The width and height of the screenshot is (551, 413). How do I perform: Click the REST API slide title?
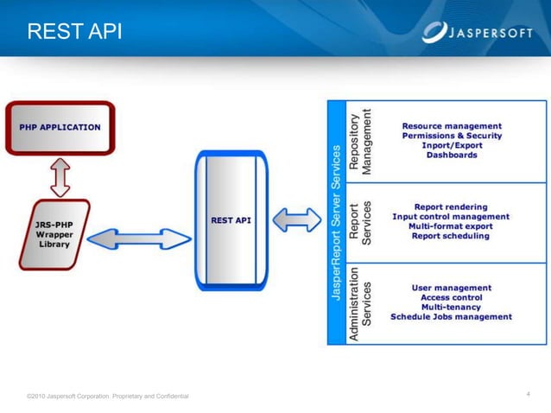click(x=74, y=32)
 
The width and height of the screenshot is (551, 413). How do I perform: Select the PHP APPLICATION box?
click(x=60, y=128)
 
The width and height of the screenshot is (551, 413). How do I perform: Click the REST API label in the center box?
click(x=231, y=220)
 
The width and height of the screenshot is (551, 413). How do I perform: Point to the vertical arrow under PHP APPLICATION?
click(x=60, y=177)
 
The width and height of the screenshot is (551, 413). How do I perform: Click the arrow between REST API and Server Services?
click(x=296, y=220)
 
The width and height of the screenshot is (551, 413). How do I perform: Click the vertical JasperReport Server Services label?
click(x=337, y=223)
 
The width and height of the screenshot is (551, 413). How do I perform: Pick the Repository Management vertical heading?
click(x=360, y=142)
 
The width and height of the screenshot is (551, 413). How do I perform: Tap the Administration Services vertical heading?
click(x=360, y=302)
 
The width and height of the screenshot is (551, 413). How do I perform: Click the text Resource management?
click(x=452, y=126)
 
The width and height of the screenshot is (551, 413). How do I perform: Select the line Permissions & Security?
click(x=452, y=137)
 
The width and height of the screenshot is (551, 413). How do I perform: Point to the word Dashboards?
click(x=452, y=156)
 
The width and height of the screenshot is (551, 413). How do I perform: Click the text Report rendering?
click(x=451, y=207)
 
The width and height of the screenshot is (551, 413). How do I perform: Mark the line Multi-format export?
click(x=451, y=226)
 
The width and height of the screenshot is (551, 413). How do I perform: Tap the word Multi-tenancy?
click(x=451, y=307)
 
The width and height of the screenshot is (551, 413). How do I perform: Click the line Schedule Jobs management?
click(x=451, y=316)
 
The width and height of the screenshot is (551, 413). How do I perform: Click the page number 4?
click(x=527, y=394)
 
